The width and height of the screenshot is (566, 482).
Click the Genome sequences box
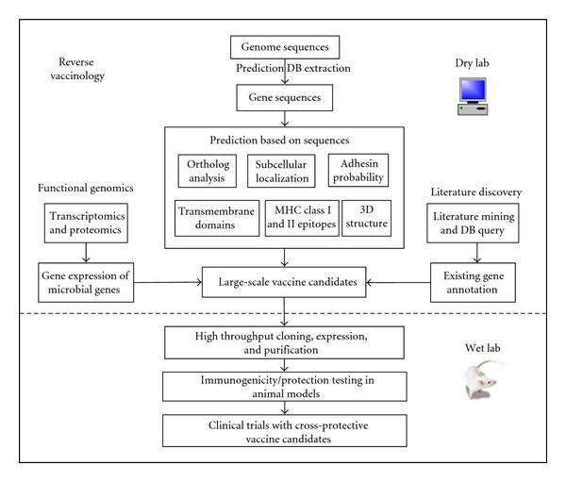pyautogui.click(x=285, y=47)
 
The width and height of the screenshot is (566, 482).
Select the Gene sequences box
pyautogui.click(x=285, y=97)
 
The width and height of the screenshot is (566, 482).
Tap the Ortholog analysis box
pyautogui.click(x=208, y=171)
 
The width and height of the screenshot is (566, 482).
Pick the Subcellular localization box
pyautogui.click(x=281, y=171)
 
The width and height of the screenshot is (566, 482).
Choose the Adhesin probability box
pyautogui.click(x=358, y=171)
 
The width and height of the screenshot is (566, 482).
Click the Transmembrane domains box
pyautogui.click(x=217, y=218)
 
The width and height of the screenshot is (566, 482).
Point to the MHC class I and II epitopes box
pyautogui.click(x=302, y=218)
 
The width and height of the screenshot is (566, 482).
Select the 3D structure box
pyautogui.click(x=366, y=218)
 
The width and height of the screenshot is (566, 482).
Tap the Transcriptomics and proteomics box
pyautogui.click(x=86, y=223)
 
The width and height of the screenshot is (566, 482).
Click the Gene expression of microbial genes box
pyautogui.click(x=86, y=282)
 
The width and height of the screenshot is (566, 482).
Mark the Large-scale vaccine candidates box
pyautogui.click(x=284, y=282)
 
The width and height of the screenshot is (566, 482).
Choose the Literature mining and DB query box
pyautogui.click(x=473, y=223)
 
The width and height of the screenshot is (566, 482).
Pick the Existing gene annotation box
pyautogui.click(x=473, y=282)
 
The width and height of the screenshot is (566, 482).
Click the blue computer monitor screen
pyautogui.click(x=473, y=90)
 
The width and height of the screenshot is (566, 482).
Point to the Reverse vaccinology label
pyautogui.click(x=77, y=69)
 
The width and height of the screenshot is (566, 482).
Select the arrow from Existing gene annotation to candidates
pyautogui.click(x=398, y=282)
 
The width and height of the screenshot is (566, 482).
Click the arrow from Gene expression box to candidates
pyautogui.click(x=168, y=282)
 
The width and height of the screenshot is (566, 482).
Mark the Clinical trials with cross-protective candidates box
pyautogui.click(x=285, y=431)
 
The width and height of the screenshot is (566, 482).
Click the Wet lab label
pyautogui.click(x=483, y=348)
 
